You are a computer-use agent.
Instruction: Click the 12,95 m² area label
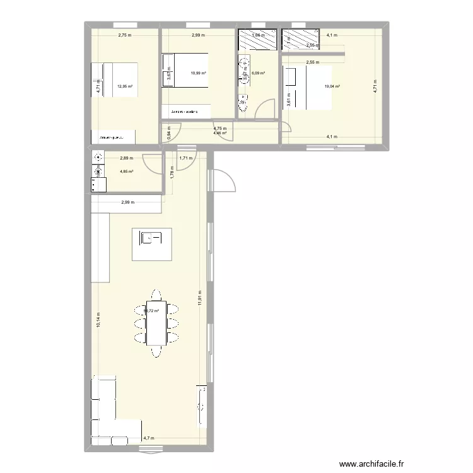(x=125, y=86)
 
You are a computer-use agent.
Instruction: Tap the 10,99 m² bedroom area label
(x=199, y=73)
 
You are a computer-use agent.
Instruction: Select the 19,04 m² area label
(x=332, y=86)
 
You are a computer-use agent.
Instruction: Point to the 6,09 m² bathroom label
(x=259, y=73)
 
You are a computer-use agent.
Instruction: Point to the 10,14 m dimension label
(x=98, y=322)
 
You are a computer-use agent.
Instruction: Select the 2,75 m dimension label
(x=124, y=35)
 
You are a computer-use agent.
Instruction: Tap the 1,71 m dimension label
(x=185, y=159)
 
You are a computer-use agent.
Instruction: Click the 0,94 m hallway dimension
(x=168, y=133)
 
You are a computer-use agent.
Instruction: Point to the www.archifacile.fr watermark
(x=370, y=462)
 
